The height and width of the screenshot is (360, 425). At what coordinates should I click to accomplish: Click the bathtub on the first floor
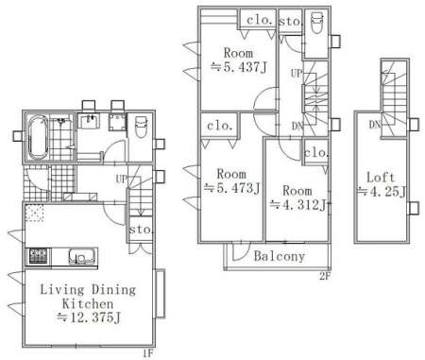click(38, 137)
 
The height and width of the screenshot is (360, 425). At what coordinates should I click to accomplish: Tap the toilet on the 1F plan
click(141, 127)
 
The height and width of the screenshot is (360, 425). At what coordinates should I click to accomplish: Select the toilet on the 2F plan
click(316, 22)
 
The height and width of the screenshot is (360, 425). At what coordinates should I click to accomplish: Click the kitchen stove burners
click(39, 256)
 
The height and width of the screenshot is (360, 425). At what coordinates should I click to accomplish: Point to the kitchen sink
click(82, 256)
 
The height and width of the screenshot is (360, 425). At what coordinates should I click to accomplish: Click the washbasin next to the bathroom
click(89, 121)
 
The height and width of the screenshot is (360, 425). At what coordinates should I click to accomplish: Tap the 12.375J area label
click(89, 317)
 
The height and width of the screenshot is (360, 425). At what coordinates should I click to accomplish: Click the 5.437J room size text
click(239, 67)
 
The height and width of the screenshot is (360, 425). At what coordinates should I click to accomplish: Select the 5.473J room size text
click(232, 188)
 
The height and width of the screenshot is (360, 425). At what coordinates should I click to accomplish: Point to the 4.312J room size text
click(298, 205)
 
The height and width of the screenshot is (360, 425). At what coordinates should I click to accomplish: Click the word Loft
click(381, 178)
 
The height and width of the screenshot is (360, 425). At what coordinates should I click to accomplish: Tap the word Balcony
click(280, 256)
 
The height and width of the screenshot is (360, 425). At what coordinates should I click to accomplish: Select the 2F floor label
click(325, 277)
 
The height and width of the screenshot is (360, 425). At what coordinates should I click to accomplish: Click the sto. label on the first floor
click(142, 229)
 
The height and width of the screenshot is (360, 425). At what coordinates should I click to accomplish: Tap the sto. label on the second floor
click(291, 22)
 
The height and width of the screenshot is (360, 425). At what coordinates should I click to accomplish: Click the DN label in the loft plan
click(375, 125)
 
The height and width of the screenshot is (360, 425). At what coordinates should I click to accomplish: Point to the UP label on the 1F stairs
click(122, 180)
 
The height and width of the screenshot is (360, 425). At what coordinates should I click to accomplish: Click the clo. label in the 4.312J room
click(315, 153)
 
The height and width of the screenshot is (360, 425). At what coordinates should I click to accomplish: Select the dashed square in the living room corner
click(34, 213)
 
